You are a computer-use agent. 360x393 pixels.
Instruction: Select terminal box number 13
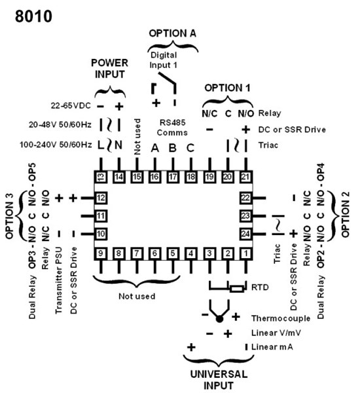click(x=101, y=176)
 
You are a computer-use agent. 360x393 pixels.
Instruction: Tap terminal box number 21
click(x=245, y=176)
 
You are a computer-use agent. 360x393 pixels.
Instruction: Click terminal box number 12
click(x=101, y=197)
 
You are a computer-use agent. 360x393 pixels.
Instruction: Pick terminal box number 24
click(x=245, y=233)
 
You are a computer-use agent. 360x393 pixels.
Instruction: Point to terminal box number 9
click(x=101, y=253)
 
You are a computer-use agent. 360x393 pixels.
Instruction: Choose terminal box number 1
click(x=245, y=253)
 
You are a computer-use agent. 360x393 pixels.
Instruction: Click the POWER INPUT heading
click(x=110, y=67)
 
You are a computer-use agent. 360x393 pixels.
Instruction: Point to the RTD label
click(x=259, y=287)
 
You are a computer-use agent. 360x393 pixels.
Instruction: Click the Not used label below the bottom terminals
click(x=136, y=296)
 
